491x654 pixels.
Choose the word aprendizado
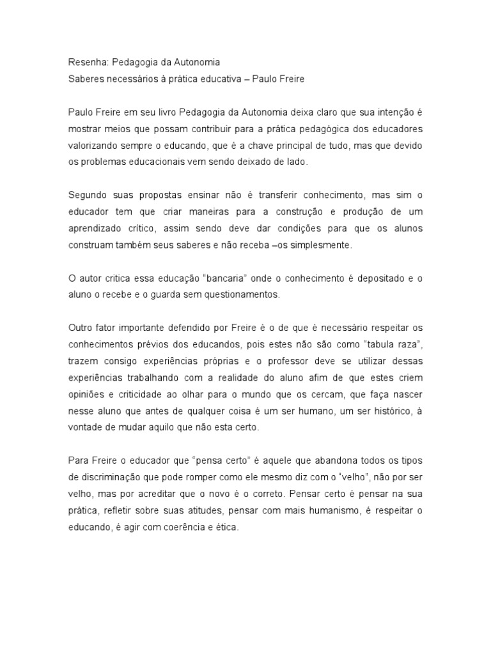[x=97, y=229]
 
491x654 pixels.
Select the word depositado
[x=368, y=278]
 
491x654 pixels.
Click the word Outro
[x=81, y=328]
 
